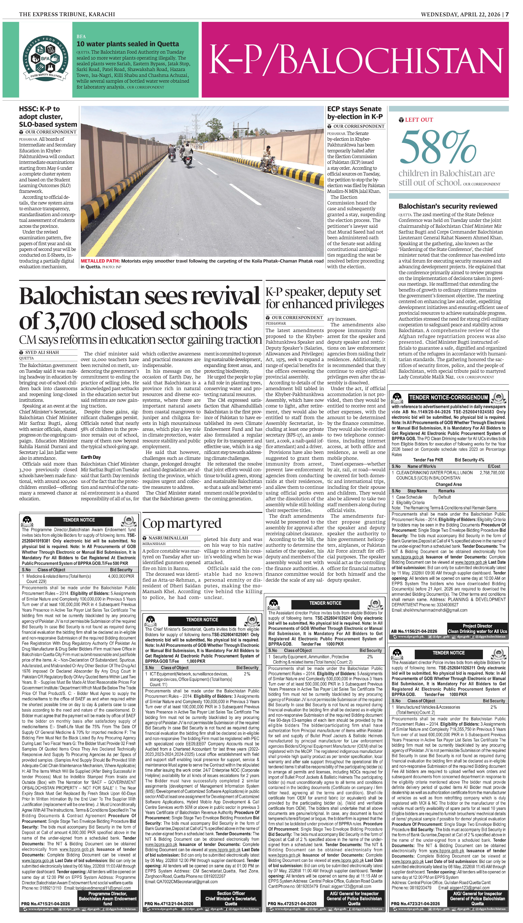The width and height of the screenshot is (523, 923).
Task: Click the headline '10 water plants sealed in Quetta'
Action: (128, 44)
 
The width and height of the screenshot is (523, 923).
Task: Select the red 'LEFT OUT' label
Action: (419, 120)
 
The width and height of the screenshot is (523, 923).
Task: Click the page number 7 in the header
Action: (507, 14)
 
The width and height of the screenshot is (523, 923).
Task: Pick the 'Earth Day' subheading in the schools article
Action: (91, 457)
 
